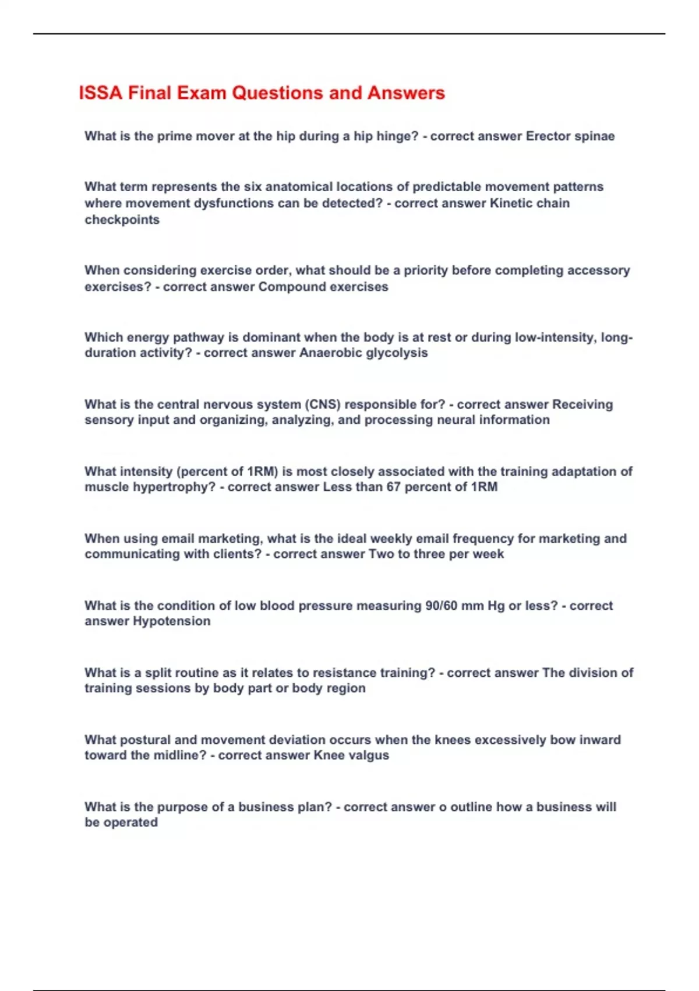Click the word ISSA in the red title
(100, 93)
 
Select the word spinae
(595, 136)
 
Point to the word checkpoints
(122, 220)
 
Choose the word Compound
(288, 287)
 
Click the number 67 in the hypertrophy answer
(394, 487)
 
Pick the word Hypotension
(172, 621)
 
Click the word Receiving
(582, 405)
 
